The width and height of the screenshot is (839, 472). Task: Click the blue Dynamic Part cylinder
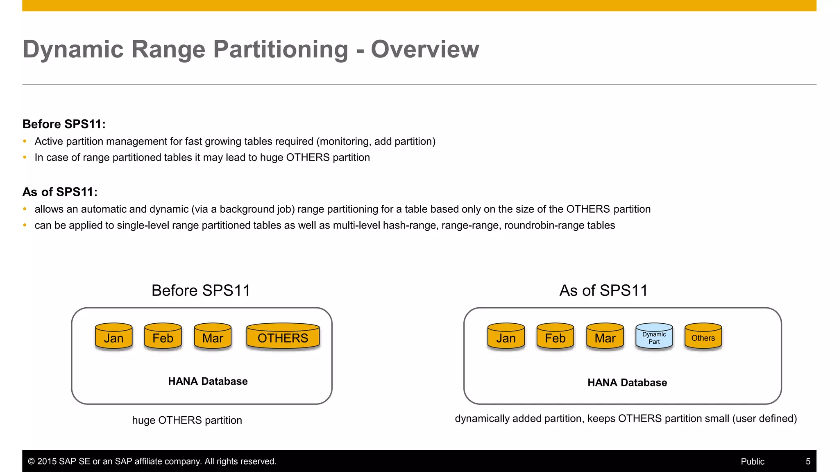pyautogui.click(x=654, y=337)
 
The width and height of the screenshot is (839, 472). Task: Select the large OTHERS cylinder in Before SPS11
pyautogui.click(x=283, y=337)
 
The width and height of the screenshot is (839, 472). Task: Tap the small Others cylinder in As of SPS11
pyautogui.click(x=703, y=337)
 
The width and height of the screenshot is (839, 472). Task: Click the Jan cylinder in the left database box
pyautogui.click(x=113, y=337)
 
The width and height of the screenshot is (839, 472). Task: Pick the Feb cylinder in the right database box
pyautogui.click(x=555, y=337)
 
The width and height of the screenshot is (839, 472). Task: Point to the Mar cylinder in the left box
pyautogui.click(x=213, y=337)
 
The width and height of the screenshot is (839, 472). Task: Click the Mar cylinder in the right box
pyautogui.click(x=605, y=337)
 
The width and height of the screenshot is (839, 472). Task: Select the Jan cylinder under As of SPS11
pyautogui.click(x=506, y=337)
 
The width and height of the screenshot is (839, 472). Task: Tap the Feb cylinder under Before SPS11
pyautogui.click(x=163, y=337)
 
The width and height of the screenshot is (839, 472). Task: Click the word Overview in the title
pyautogui.click(x=425, y=50)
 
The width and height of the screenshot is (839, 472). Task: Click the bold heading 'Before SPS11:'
pyautogui.click(x=64, y=124)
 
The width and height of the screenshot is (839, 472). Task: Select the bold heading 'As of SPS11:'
pyautogui.click(x=60, y=192)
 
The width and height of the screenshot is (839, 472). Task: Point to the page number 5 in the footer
pyautogui.click(x=808, y=461)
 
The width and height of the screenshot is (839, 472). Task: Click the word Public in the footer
pyautogui.click(x=752, y=461)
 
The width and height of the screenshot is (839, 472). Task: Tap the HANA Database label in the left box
pyautogui.click(x=208, y=381)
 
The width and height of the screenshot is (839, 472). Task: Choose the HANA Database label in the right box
pyautogui.click(x=627, y=383)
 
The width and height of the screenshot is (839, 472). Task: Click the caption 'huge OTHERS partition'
pyautogui.click(x=187, y=420)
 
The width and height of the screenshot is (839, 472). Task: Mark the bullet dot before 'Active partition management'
pyautogui.click(x=25, y=141)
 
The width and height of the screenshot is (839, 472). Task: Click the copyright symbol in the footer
pyautogui.click(x=31, y=461)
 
